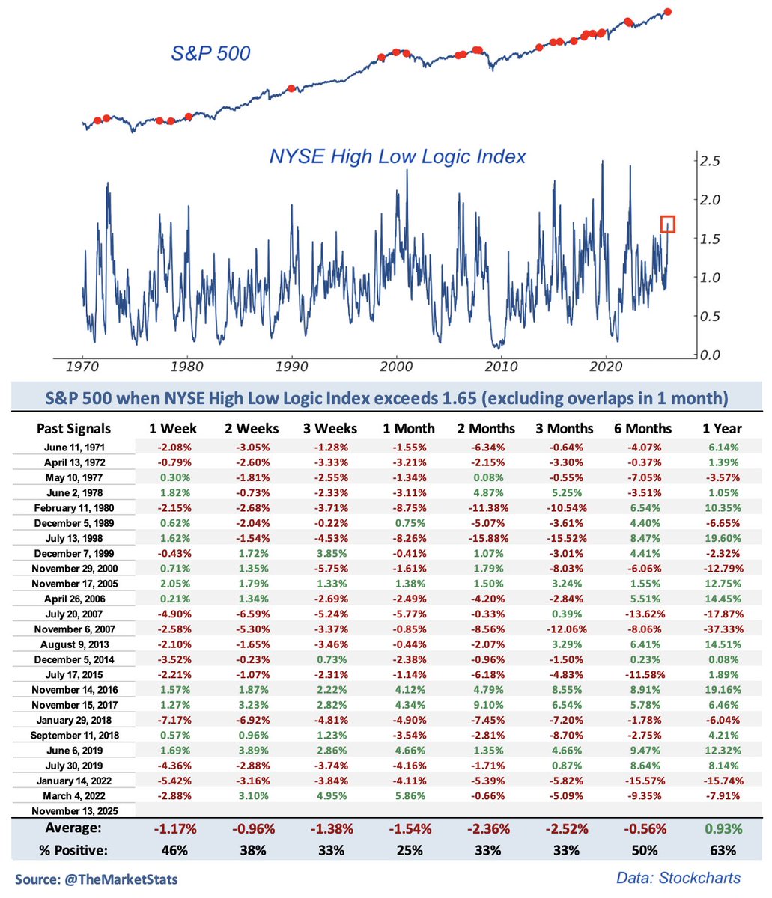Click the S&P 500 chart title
click(x=210, y=53)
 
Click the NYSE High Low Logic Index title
click(x=397, y=156)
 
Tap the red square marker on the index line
click(x=668, y=224)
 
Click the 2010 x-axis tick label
click(x=501, y=367)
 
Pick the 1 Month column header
click(x=410, y=429)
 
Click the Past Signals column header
click(x=73, y=429)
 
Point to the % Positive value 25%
click(x=410, y=850)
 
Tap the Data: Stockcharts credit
click(x=678, y=878)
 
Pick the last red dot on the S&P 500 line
click(x=668, y=11)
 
